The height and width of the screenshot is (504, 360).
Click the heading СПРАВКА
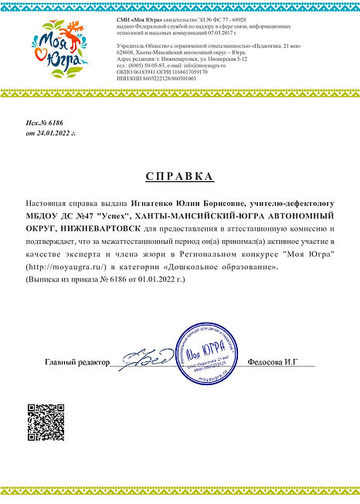point(179,177)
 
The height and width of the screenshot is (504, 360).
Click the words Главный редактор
point(77,361)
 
